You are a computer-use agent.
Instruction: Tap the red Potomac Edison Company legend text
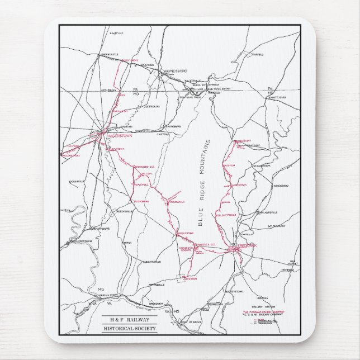pyautogui.click(x=263, y=311)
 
